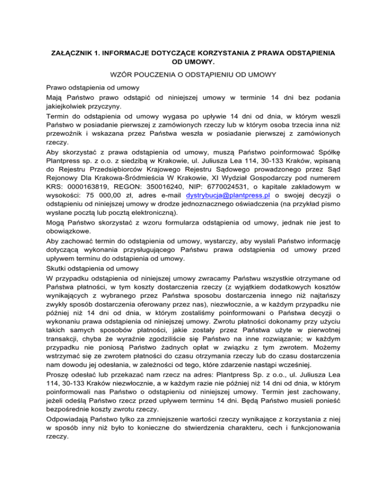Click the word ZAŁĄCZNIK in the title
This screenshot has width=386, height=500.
click(x=74, y=52)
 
